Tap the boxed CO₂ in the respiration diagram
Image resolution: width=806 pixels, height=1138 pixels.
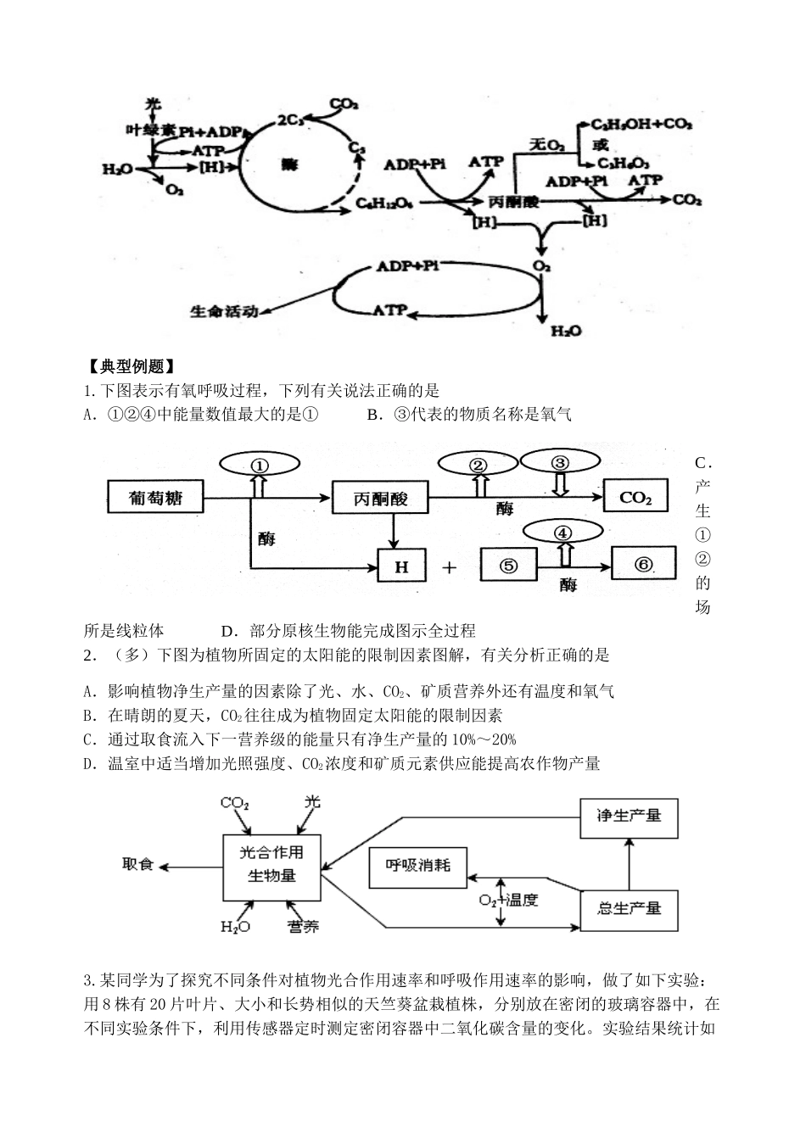tap(635, 497)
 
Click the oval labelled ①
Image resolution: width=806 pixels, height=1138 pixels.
tap(260, 465)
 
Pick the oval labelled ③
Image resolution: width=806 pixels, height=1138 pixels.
tap(559, 462)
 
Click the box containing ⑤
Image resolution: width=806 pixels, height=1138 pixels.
tap(509, 566)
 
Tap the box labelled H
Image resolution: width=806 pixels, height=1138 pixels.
tap(401, 566)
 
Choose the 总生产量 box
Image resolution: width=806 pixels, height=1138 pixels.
tap(629, 908)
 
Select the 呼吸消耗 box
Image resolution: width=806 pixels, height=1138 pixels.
tap(418, 866)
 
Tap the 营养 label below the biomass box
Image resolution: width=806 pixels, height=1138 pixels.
tap(303, 926)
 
